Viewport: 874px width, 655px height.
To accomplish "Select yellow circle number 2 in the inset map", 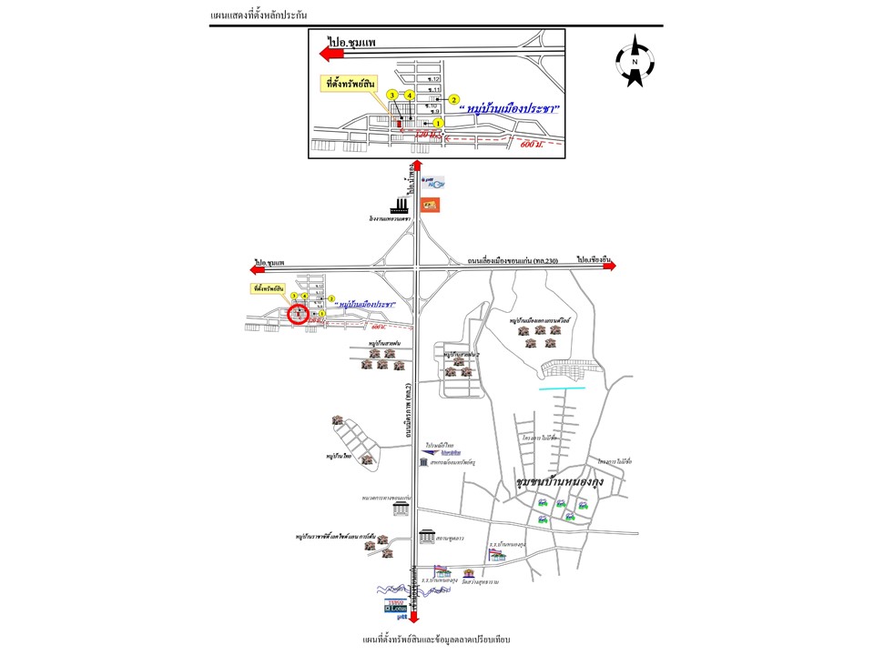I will coord(453,99).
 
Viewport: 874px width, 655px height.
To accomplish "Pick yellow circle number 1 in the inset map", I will coord(438,123).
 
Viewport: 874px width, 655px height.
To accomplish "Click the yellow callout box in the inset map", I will coord(351,83).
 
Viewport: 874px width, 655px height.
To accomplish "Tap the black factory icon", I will coord(400,205).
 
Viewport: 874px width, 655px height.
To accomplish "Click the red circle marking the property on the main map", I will coord(298,315).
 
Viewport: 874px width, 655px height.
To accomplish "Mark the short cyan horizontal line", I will coord(563,389).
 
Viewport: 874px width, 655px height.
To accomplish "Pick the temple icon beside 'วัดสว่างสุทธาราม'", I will coord(469,574).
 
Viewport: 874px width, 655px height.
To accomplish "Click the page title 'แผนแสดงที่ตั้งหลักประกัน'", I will coord(258,16).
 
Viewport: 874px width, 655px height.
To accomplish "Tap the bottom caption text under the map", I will coord(436,640).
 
